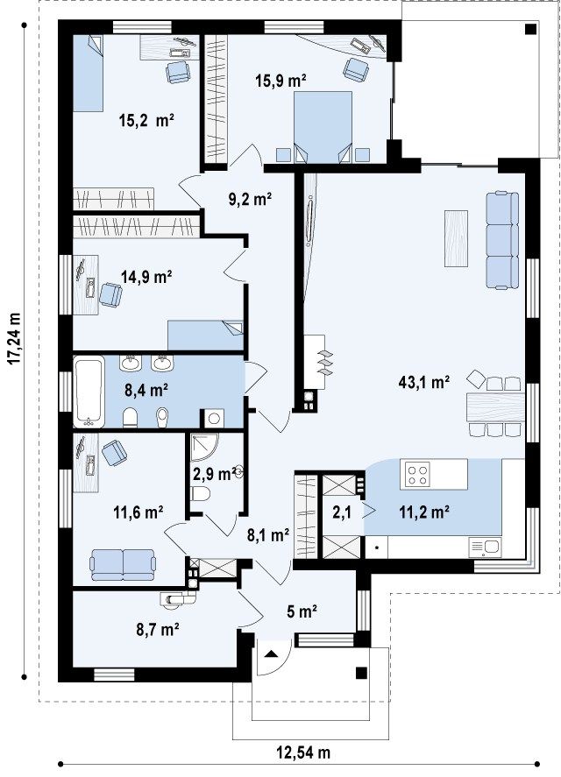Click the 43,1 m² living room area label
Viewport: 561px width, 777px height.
coord(424,382)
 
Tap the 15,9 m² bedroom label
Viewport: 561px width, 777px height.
coord(280,81)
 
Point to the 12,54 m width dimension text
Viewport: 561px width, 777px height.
coord(302,752)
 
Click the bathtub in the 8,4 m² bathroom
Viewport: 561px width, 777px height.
coord(89,391)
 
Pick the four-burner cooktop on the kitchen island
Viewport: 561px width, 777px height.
coord(416,474)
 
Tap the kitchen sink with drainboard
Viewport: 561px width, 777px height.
coord(485,547)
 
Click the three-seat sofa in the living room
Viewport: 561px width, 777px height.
coord(502,240)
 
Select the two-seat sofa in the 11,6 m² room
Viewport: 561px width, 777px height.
coord(123,564)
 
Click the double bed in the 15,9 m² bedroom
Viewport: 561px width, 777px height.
coord(323,127)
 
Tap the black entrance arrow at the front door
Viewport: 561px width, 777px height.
coord(270,653)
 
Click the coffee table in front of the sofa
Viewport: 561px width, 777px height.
coord(456,238)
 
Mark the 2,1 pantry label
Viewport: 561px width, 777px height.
coord(342,512)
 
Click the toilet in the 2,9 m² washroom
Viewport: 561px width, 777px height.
coord(201,493)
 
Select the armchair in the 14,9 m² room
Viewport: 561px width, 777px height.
coord(110,295)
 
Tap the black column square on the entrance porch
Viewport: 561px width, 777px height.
coord(362,673)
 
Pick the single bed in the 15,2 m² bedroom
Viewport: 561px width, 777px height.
coord(89,73)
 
